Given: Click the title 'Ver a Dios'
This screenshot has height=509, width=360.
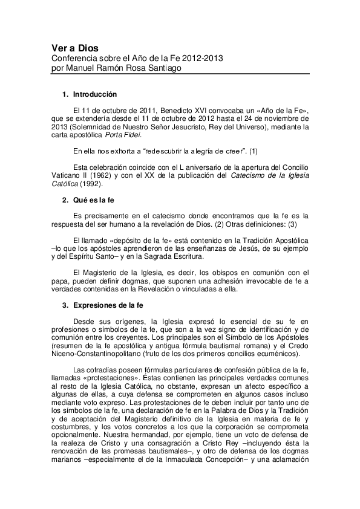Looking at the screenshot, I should pos(74,48).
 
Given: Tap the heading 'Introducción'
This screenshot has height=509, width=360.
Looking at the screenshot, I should pos(94,95).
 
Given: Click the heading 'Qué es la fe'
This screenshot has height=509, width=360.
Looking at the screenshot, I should pos(94,199).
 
